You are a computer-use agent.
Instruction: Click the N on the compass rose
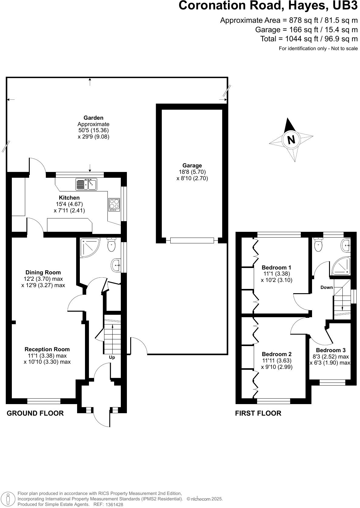pos(291,140)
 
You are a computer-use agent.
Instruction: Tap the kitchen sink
pos(86,184)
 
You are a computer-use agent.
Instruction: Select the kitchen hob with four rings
pos(114,204)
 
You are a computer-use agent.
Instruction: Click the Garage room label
pos(192,166)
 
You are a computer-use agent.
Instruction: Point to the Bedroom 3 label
pos(331,350)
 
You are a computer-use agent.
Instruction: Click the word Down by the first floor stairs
pos(327,287)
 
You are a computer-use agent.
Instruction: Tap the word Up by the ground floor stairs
pos(112,357)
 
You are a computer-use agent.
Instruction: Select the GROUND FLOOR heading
pos(35,413)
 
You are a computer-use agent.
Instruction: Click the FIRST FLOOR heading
pos(258,413)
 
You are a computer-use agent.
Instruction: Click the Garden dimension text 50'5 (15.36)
pos(93,130)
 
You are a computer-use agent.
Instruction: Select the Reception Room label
pos(47,349)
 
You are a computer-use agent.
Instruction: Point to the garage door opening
pos(192,241)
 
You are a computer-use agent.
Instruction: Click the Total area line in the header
pos(309,39)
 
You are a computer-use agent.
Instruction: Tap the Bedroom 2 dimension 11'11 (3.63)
pos(277,361)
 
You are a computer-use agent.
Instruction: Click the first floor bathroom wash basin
pos(346,245)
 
